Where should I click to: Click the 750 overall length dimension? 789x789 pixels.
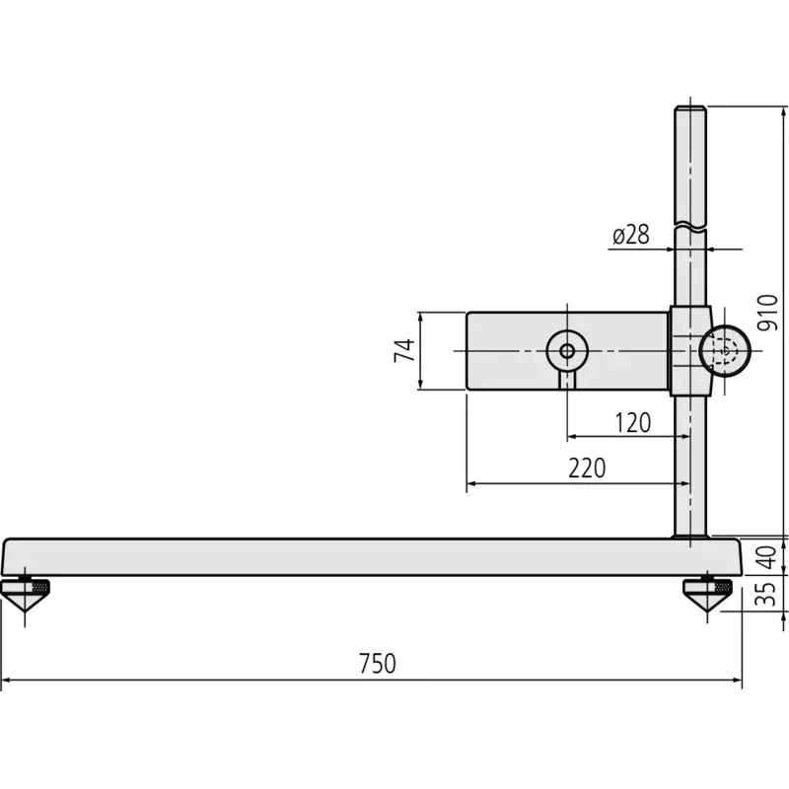tap(378, 663)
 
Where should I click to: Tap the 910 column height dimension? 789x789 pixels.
tap(767, 313)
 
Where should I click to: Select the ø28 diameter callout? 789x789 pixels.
tap(631, 235)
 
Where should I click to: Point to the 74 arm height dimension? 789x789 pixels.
tap(404, 351)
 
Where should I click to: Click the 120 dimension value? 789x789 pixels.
tap(633, 423)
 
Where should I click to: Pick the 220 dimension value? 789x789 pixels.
tap(587, 467)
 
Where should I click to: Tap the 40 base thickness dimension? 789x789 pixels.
tap(767, 557)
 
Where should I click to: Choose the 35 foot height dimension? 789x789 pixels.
tap(767, 595)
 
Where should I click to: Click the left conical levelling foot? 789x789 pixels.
tap(26, 594)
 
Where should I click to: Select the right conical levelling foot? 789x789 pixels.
tap(707, 594)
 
